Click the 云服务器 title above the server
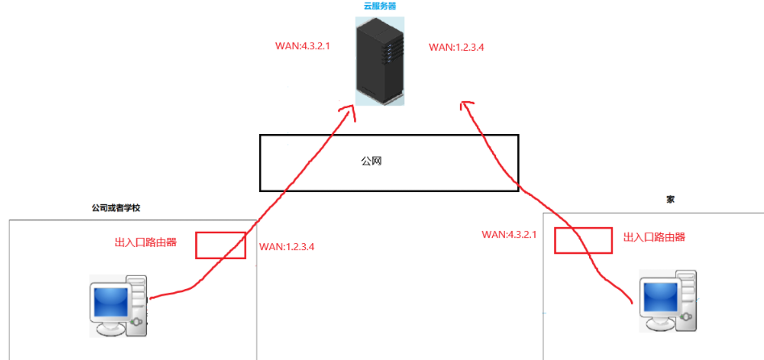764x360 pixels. [380, 6]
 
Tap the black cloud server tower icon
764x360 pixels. [378, 61]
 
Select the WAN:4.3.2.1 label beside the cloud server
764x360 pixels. [303, 48]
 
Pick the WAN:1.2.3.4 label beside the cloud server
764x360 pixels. [456, 48]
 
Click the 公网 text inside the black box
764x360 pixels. [370, 161]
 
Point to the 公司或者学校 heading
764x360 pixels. [116, 207]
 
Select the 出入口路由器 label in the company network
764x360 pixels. [146, 241]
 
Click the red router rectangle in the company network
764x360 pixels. [220, 245]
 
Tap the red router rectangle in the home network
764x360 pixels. [582, 240]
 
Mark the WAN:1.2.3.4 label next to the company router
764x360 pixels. [286, 247]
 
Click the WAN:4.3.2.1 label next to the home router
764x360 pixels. [509, 234]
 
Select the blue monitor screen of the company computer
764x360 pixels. [110, 302]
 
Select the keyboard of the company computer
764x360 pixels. [111, 330]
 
